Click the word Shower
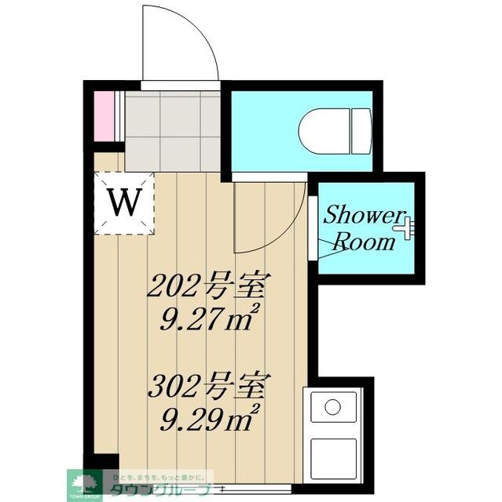pyautogui.click(x=364, y=214)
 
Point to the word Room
pyautogui.click(x=364, y=242)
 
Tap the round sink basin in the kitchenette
pyautogui.click(x=333, y=408)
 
